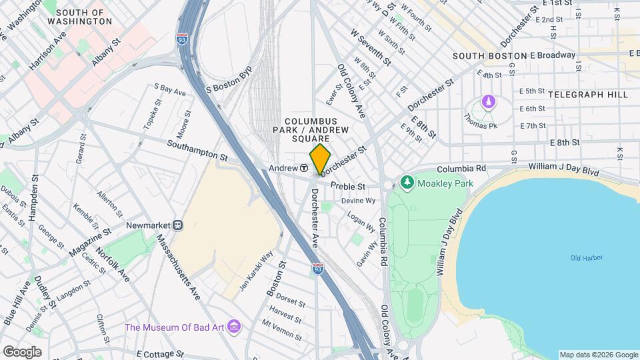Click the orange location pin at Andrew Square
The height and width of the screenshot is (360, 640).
point(321,159)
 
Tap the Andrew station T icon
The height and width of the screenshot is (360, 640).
point(303,168)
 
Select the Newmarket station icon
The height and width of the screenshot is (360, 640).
point(178,225)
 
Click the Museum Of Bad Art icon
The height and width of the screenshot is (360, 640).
point(234,327)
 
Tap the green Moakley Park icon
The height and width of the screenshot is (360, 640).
point(406,182)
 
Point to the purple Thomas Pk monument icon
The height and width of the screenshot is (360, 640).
point(489,102)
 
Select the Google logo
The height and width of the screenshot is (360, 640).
point(22,351)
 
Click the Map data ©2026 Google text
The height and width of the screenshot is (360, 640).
point(598,355)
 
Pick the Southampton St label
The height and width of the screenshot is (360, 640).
point(197,149)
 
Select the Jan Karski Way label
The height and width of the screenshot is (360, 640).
point(256,269)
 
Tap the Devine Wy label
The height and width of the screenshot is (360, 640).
point(359,200)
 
